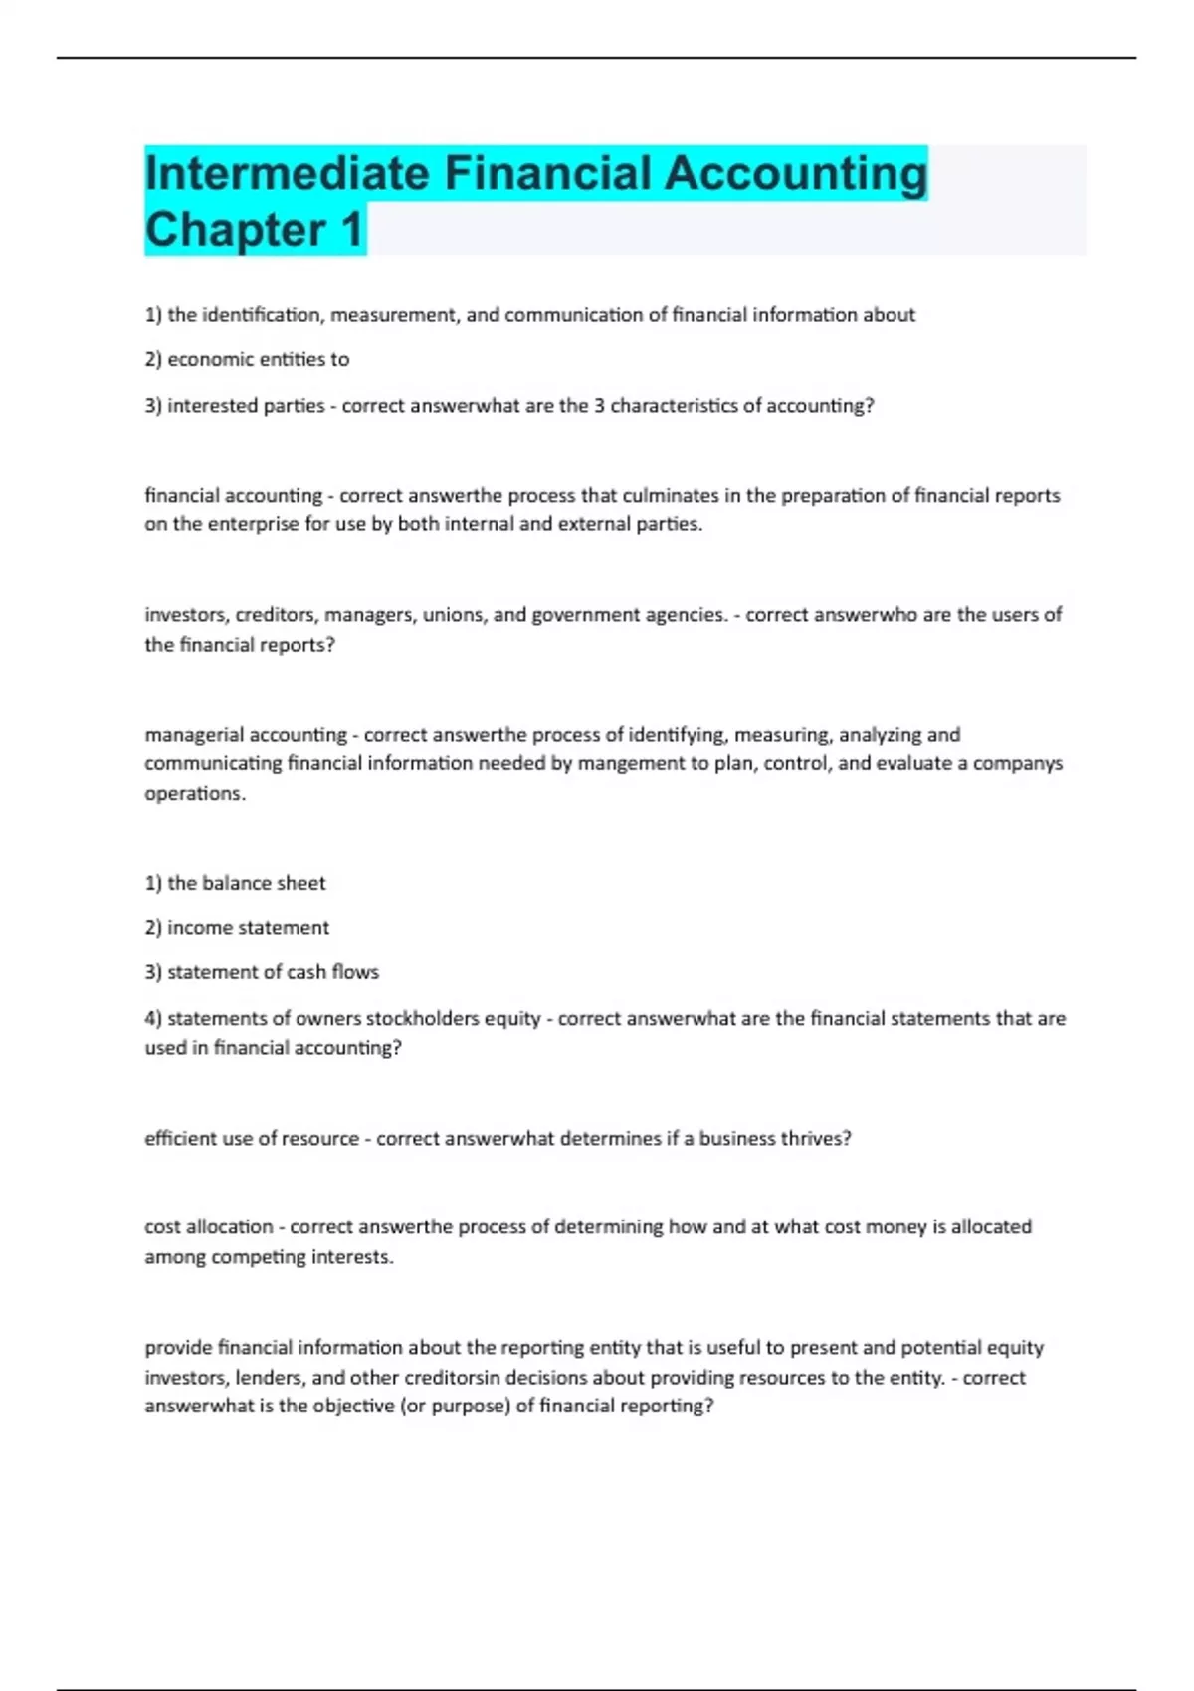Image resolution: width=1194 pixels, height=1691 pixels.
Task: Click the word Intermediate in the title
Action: [287, 173]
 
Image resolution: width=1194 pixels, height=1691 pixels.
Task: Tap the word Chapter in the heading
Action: [235, 229]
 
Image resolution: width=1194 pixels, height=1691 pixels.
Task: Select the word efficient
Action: [180, 1139]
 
